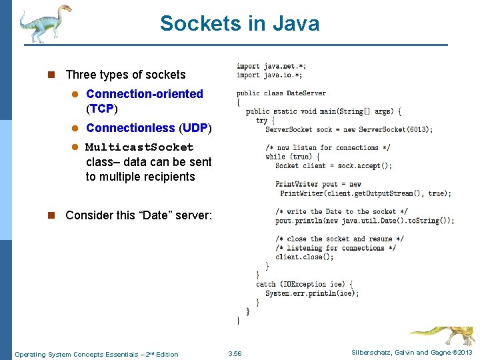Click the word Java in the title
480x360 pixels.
click(x=291, y=24)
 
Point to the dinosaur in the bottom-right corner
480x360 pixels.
click(x=443, y=336)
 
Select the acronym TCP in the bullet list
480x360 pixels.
click(x=101, y=109)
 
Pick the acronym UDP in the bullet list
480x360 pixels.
click(x=195, y=128)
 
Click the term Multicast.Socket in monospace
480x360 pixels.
click(x=139, y=147)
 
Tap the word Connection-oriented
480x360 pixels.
click(x=144, y=94)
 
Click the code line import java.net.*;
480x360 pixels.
click(x=271, y=66)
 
